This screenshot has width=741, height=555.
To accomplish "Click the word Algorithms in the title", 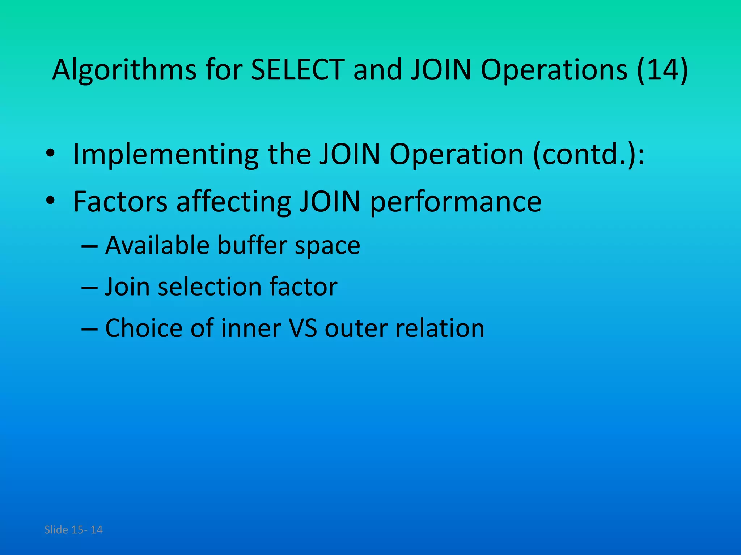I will coord(124,69).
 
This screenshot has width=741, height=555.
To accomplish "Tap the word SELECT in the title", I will coord(297,69).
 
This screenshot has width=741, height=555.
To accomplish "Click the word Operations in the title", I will coord(554,69).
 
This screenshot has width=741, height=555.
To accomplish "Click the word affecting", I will coord(233,201).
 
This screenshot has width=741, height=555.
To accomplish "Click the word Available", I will coord(157,245).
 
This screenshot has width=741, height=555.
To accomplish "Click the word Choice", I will coord(144,328).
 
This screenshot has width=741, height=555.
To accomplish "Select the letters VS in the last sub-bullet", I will coord(303,328).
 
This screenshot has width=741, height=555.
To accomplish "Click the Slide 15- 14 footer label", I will coord(73,530).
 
